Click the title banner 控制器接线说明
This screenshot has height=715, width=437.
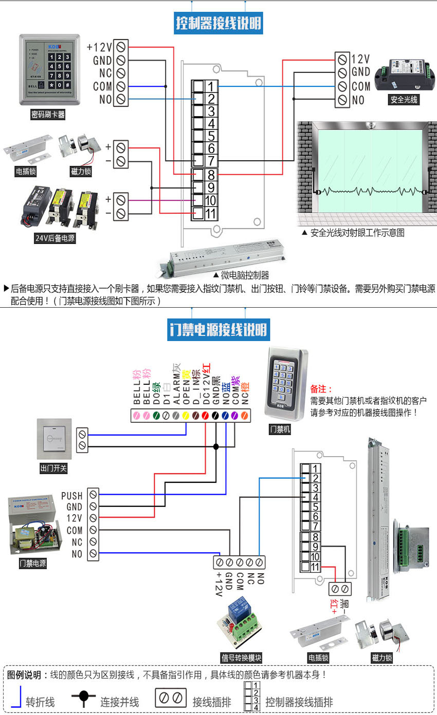(x=219, y=23)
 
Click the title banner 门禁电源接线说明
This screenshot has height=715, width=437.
(x=219, y=329)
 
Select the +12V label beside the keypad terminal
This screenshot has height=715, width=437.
(x=99, y=47)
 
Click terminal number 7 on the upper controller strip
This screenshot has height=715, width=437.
(x=211, y=161)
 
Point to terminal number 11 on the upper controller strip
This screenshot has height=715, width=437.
(x=211, y=213)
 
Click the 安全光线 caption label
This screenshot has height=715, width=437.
(x=403, y=100)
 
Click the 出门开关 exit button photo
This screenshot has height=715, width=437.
(x=53, y=439)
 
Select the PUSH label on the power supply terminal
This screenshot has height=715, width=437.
(x=72, y=496)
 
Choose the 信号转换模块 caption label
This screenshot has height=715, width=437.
(x=241, y=658)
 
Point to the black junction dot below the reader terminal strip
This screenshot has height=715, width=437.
(x=216, y=447)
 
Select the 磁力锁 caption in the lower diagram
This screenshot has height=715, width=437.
(x=382, y=658)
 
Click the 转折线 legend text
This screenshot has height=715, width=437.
(x=40, y=702)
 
